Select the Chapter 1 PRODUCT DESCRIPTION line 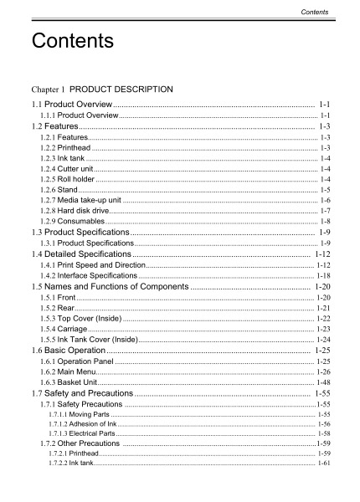[x=101, y=87]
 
